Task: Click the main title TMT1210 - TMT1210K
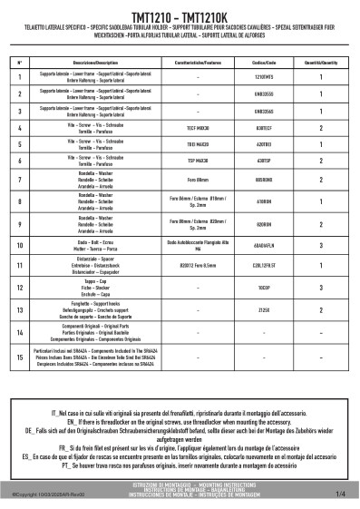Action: pos(180,17)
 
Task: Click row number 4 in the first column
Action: pos(20,129)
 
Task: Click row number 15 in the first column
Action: pos(20,357)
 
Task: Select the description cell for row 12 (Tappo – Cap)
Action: pos(83,289)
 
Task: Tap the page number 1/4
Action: pos(340,494)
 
